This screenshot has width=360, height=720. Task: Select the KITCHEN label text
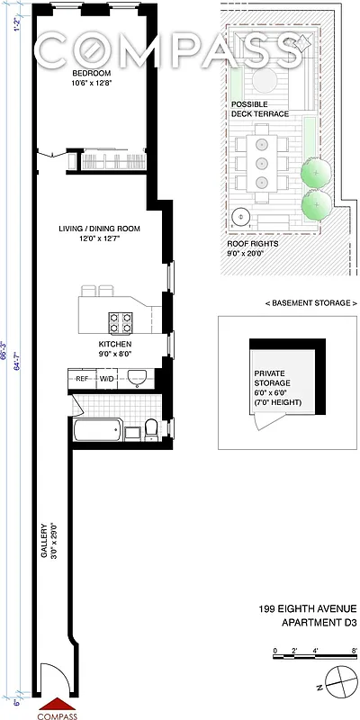pyautogui.click(x=115, y=345)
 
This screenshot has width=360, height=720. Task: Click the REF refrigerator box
pyautogui.click(x=82, y=379)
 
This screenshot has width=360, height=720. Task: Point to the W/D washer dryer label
pyautogui.click(x=107, y=379)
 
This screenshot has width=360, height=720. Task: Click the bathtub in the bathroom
pyautogui.click(x=97, y=429)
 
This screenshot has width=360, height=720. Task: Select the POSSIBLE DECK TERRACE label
pyautogui.click(x=259, y=109)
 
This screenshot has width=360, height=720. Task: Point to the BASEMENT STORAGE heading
pyautogui.click(x=287, y=303)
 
